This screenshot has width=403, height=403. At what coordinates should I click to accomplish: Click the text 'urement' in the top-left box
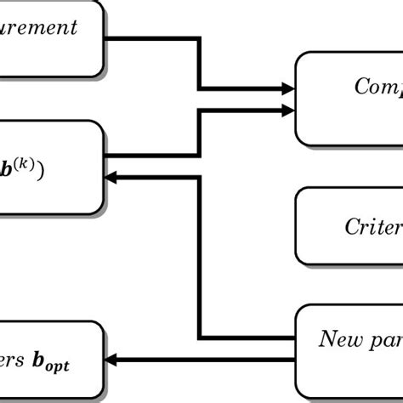click(x=38, y=28)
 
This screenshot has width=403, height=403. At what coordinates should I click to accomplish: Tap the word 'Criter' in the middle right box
click(x=372, y=226)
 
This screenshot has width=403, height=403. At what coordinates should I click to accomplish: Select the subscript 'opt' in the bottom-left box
click(x=54, y=366)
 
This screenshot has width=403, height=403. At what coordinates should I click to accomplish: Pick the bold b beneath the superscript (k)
click(x=7, y=168)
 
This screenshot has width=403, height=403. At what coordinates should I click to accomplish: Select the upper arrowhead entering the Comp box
click(x=287, y=88)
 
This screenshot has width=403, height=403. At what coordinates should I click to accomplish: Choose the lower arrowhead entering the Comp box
click(x=287, y=108)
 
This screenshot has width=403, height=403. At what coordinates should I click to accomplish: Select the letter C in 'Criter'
click(x=352, y=226)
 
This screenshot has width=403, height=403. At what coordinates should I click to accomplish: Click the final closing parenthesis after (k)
click(x=42, y=168)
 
